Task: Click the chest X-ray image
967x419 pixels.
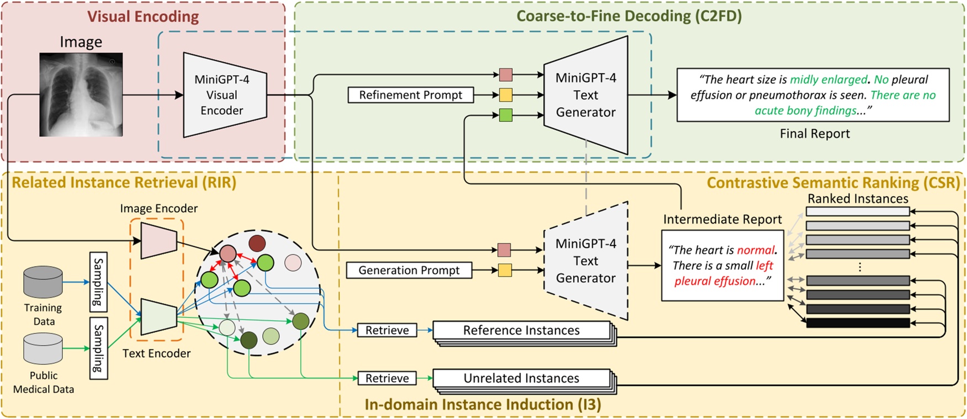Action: pyautogui.click(x=81, y=94)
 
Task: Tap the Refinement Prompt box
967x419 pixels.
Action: pyautogui.click(x=411, y=95)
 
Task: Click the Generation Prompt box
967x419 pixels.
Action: pyautogui.click(x=409, y=270)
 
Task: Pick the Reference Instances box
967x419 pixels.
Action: pyautogui.click(x=521, y=330)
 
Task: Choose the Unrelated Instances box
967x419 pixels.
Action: pyautogui.click(x=521, y=378)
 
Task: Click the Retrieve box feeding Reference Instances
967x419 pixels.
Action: pyautogui.click(x=387, y=330)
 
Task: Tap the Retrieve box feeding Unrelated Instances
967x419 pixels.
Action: pyautogui.click(x=387, y=378)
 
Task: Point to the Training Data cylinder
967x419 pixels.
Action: pyautogui.click(x=43, y=282)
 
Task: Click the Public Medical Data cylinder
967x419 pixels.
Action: pyautogui.click(x=43, y=349)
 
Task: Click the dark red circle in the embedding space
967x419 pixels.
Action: pyautogui.click(x=257, y=243)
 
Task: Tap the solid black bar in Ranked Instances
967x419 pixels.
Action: pyautogui.click(x=858, y=323)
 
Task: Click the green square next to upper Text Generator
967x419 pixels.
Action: pyautogui.click(x=506, y=115)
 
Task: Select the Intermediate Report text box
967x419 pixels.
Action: pyautogui.click(x=722, y=266)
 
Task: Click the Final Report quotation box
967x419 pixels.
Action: pyautogui.click(x=813, y=95)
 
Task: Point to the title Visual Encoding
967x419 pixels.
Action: pyautogui.click(x=143, y=17)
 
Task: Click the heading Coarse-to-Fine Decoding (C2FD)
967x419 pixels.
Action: pyautogui.click(x=629, y=15)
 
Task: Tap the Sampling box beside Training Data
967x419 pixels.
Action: pyautogui.click(x=98, y=282)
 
